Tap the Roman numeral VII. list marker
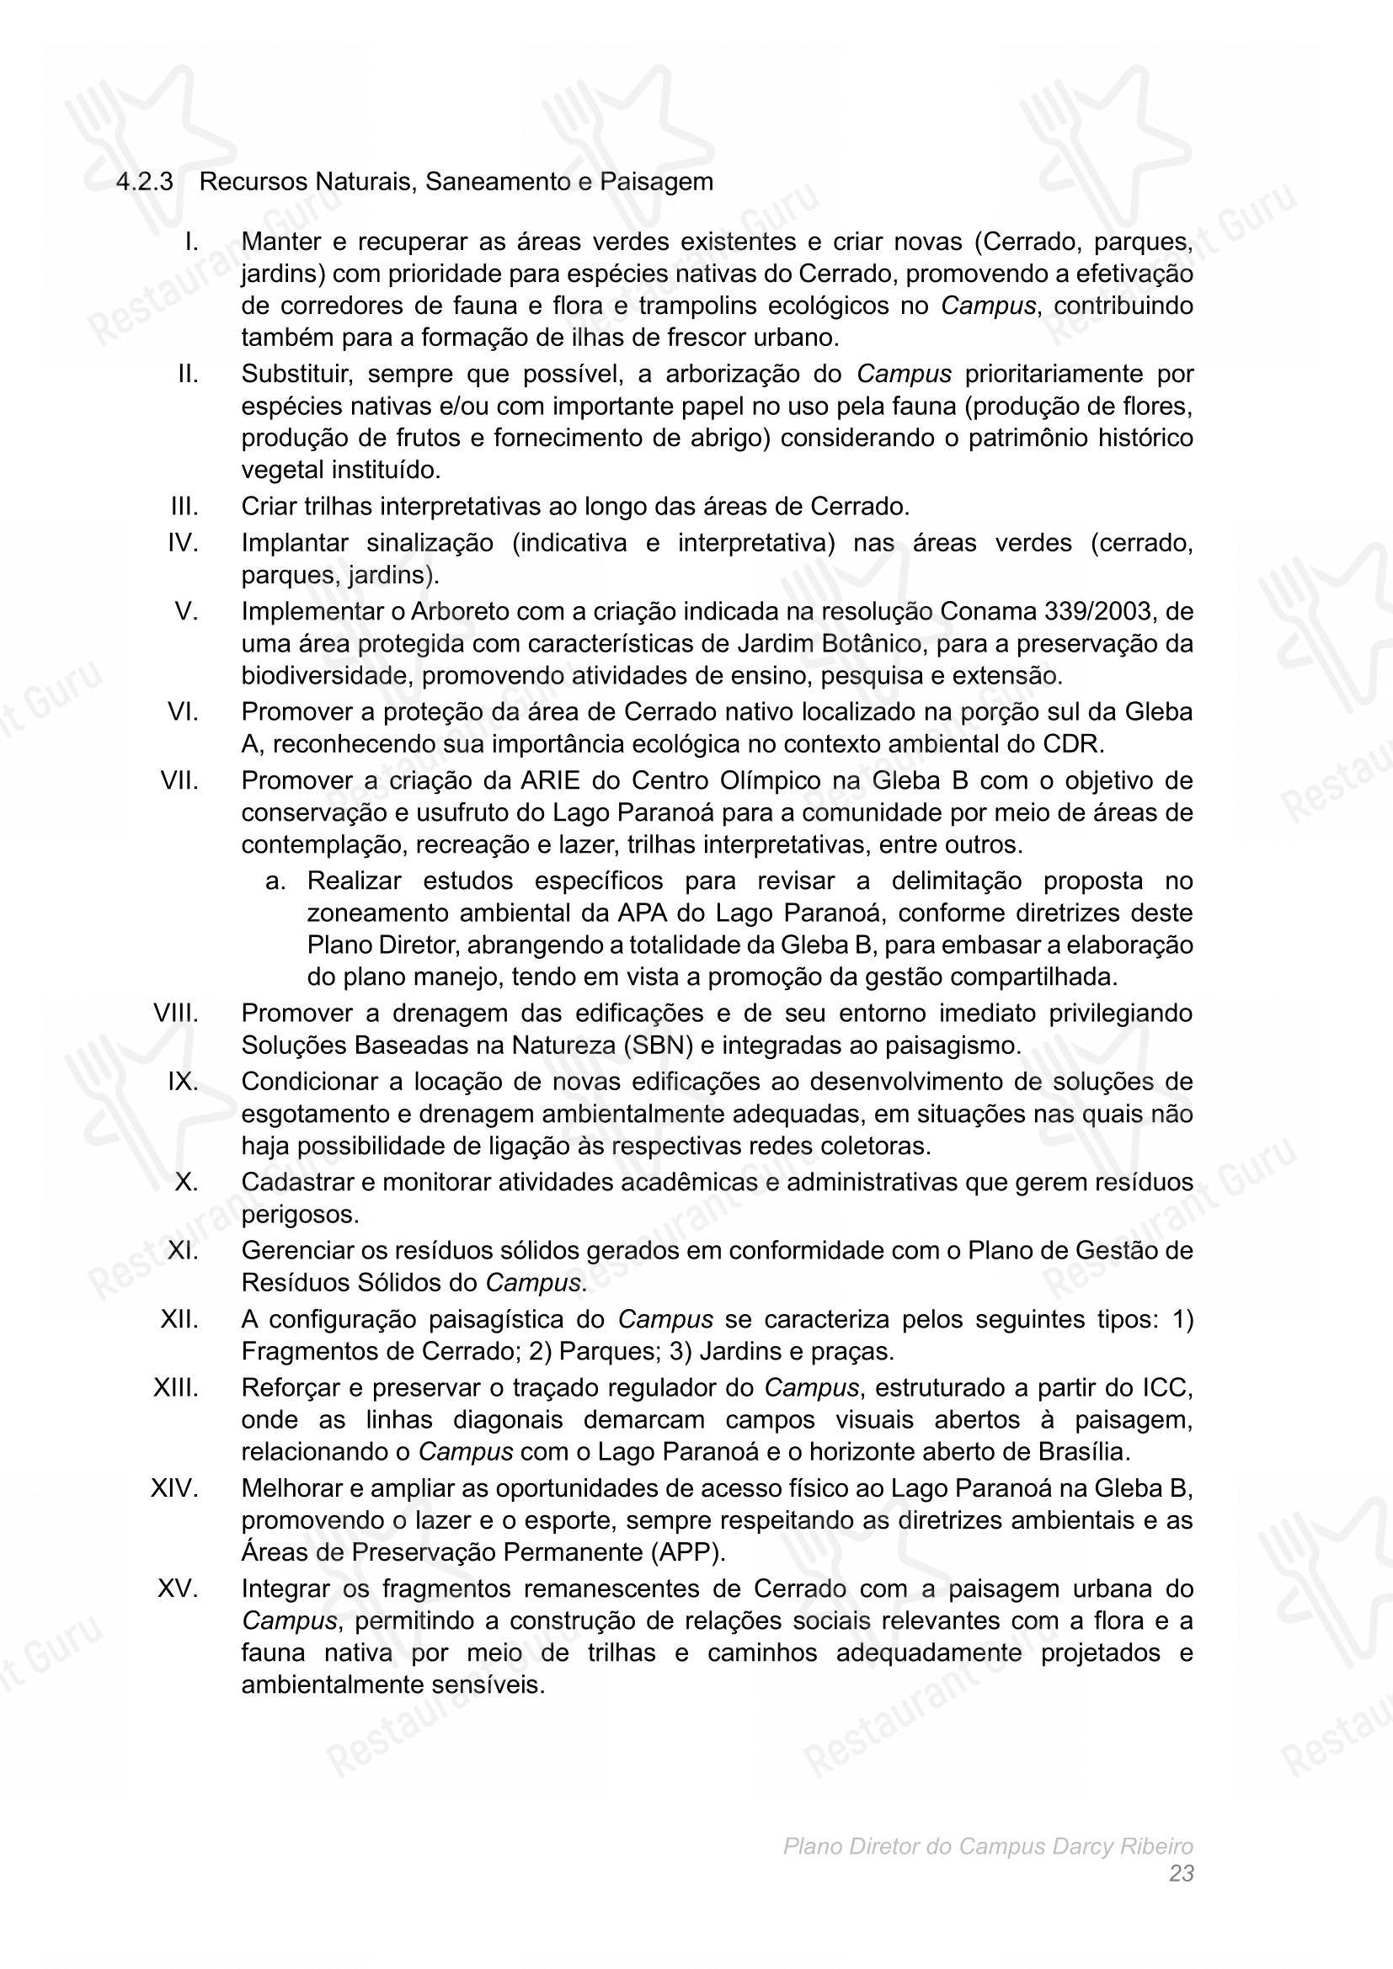pyautogui.click(x=179, y=780)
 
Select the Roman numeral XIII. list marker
pyautogui.click(x=176, y=1387)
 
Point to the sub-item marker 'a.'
pyautogui.click(x=275, y=881)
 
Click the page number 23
pyautogui.click(x=1181, y=1875)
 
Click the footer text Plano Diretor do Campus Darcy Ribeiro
pyautogui.click(x=988, y=1846)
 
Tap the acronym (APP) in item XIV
pyautogui.click(x=690, y=1552)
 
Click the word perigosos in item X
pyautogui.click(x=298, y=1215)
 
